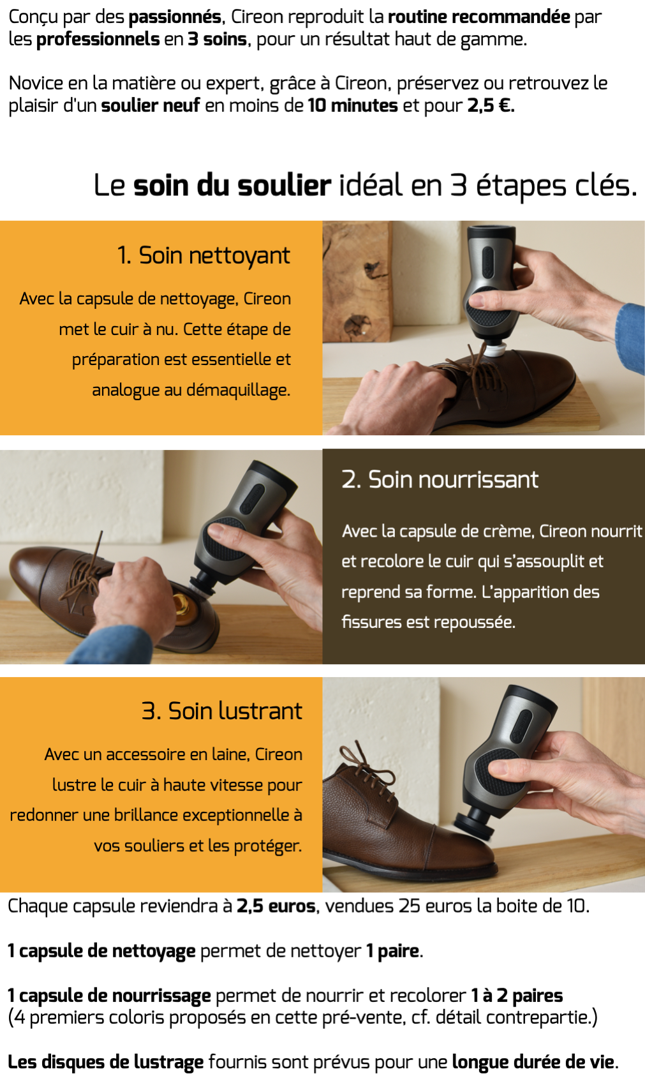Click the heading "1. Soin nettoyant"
pos(204,255)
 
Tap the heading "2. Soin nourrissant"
pos(440,479)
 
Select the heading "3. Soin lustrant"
pos(222,711)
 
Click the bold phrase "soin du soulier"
pos(232,186)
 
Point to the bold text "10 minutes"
pos(353,105)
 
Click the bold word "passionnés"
pos(175,17)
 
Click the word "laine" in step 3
pos(230,754)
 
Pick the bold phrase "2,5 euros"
pos(276,906)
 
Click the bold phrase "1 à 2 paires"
pos(517,996)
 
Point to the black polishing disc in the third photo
pos(473,834)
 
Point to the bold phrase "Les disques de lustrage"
pos(106,1061)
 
